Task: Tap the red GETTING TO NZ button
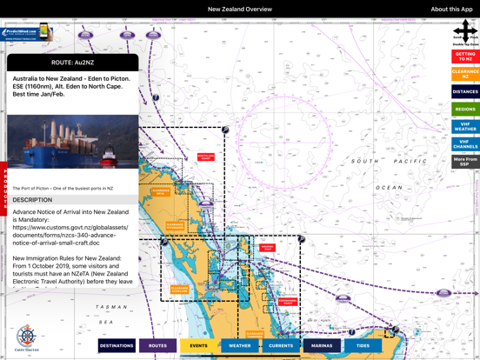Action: pos(465,57)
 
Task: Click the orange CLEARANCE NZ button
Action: pos(465,75)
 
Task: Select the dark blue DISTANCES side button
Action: pos(465,91)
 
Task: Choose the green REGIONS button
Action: pos(465,110)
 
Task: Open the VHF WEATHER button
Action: pos(465,127)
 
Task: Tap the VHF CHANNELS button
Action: pos(465,144)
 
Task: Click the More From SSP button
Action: pos(465,162)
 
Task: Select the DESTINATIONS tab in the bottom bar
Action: pos(117,345)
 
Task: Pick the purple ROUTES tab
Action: pos(157,345)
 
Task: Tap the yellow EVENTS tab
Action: pos(198,345)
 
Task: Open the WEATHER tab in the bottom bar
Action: pos(240,345)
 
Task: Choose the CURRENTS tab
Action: pos(281,345)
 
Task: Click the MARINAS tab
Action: pos(322,345)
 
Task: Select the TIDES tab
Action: pos(363,345)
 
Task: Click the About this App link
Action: pos(451,9)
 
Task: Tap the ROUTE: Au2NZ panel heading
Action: pos(73,63)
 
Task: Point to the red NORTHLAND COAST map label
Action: pos(206,157)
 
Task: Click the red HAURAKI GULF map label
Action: pos(267,248)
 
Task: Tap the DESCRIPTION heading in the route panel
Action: pos(32,200)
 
